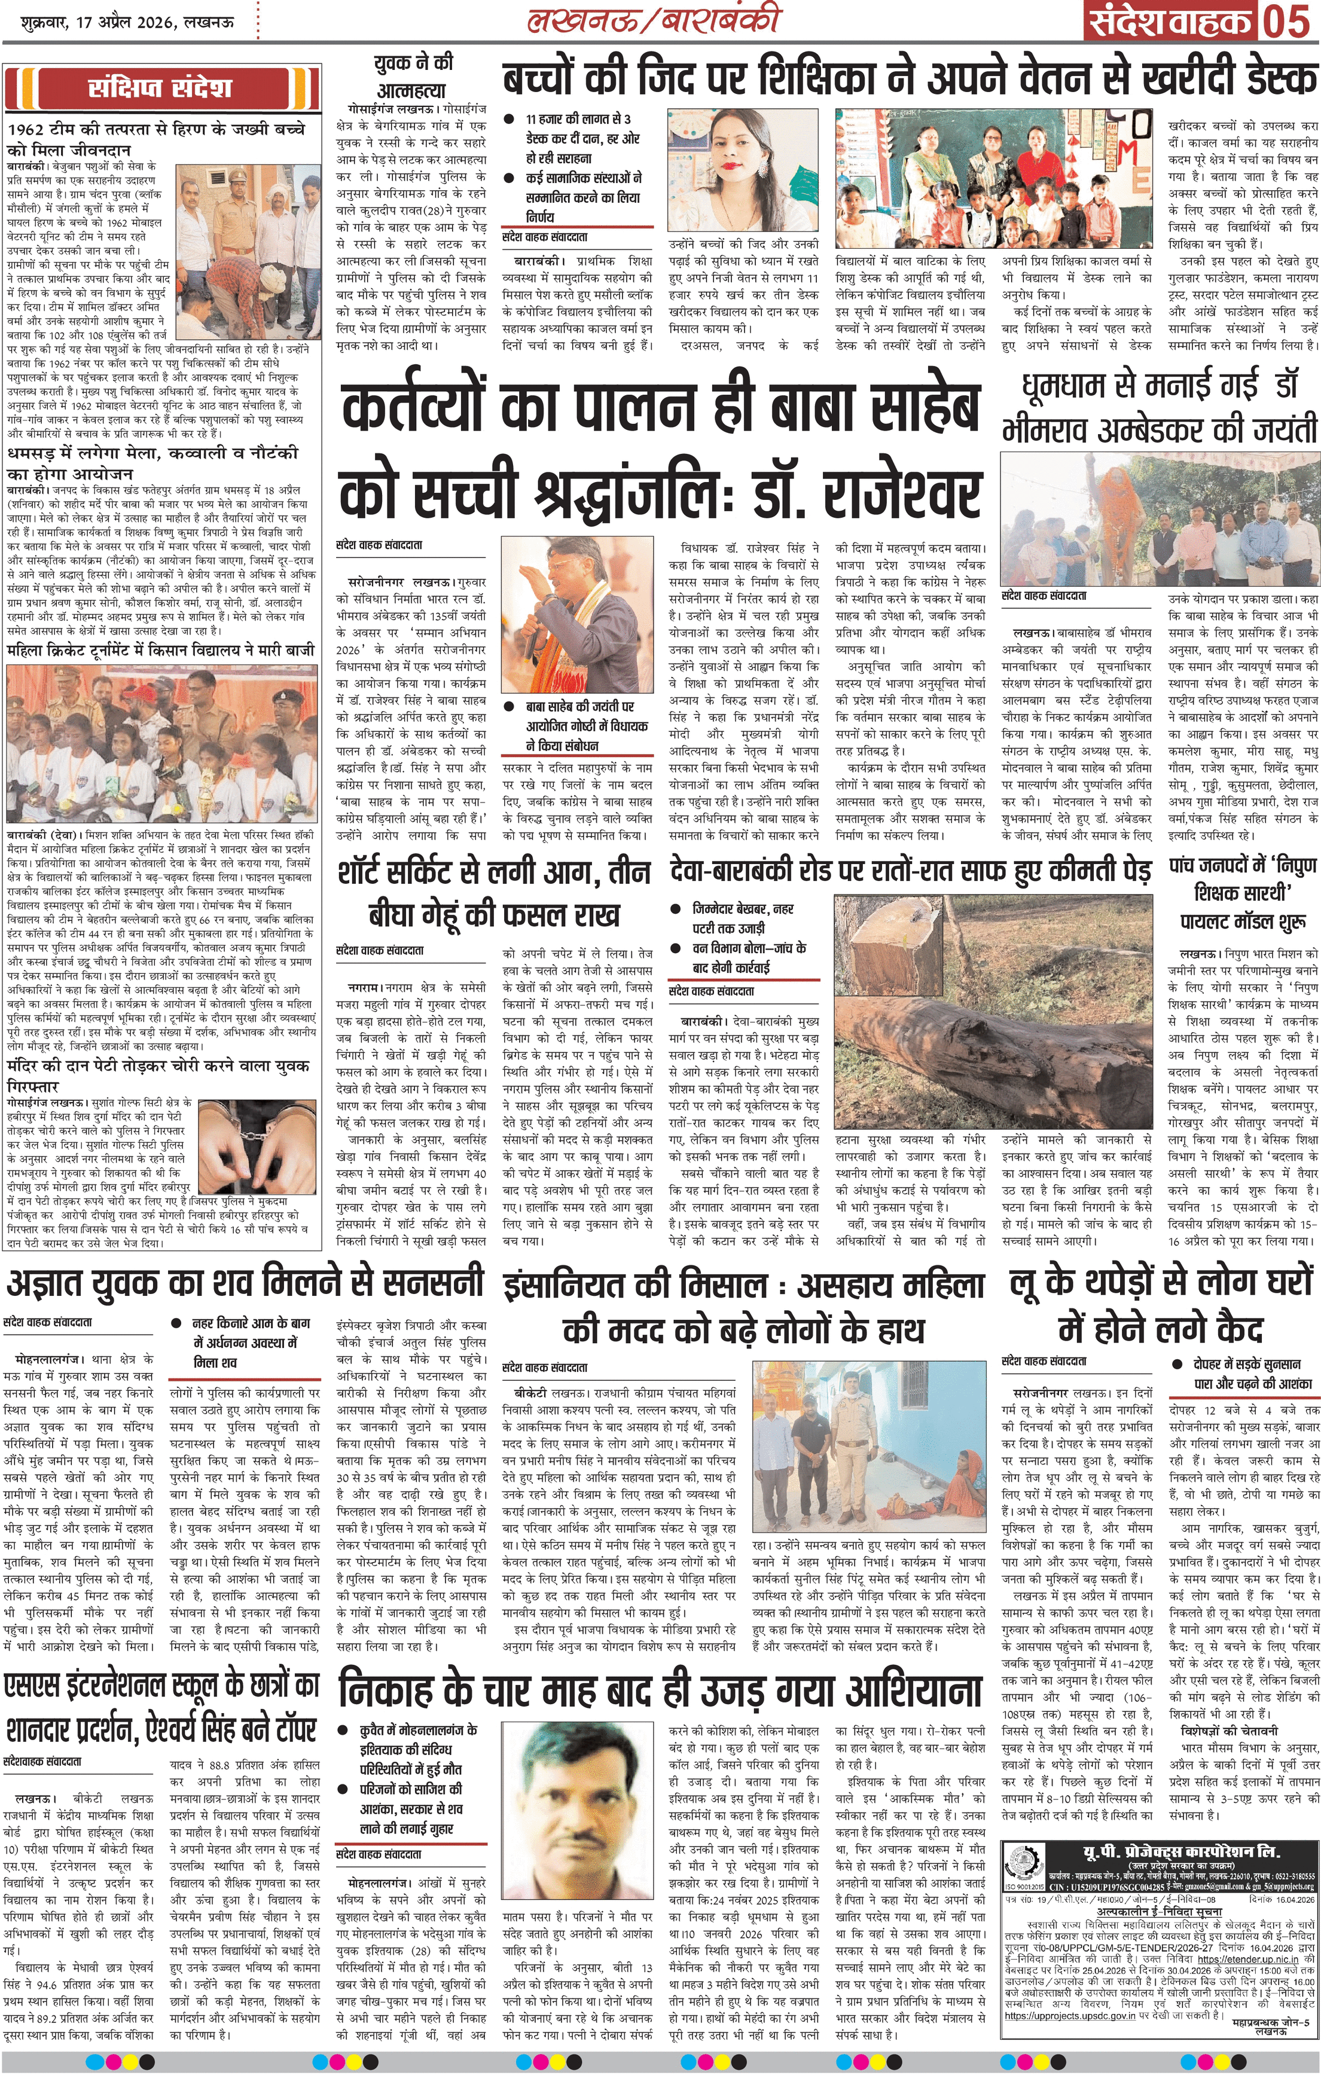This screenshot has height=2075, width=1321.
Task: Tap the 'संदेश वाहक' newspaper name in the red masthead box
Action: [1172, 22]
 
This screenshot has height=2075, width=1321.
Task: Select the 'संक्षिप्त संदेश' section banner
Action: [160, 89]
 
